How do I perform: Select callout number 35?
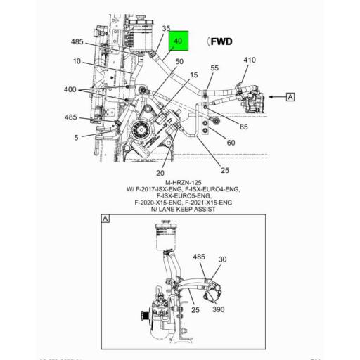(x=166, y=29)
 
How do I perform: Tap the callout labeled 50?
(x=179, y=62)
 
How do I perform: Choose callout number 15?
(x=193, y=75)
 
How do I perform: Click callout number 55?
(x=214, y=67)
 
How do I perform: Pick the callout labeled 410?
(x=250, y=60)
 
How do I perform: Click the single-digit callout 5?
(x=76, y=137)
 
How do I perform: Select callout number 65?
(x=243, y=127)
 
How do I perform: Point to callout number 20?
(x=160, y=173)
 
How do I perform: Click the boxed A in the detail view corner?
(x=105, y=219)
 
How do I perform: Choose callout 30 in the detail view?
(x=222, y=259)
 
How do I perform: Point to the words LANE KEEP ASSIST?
(x=181, y=209)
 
